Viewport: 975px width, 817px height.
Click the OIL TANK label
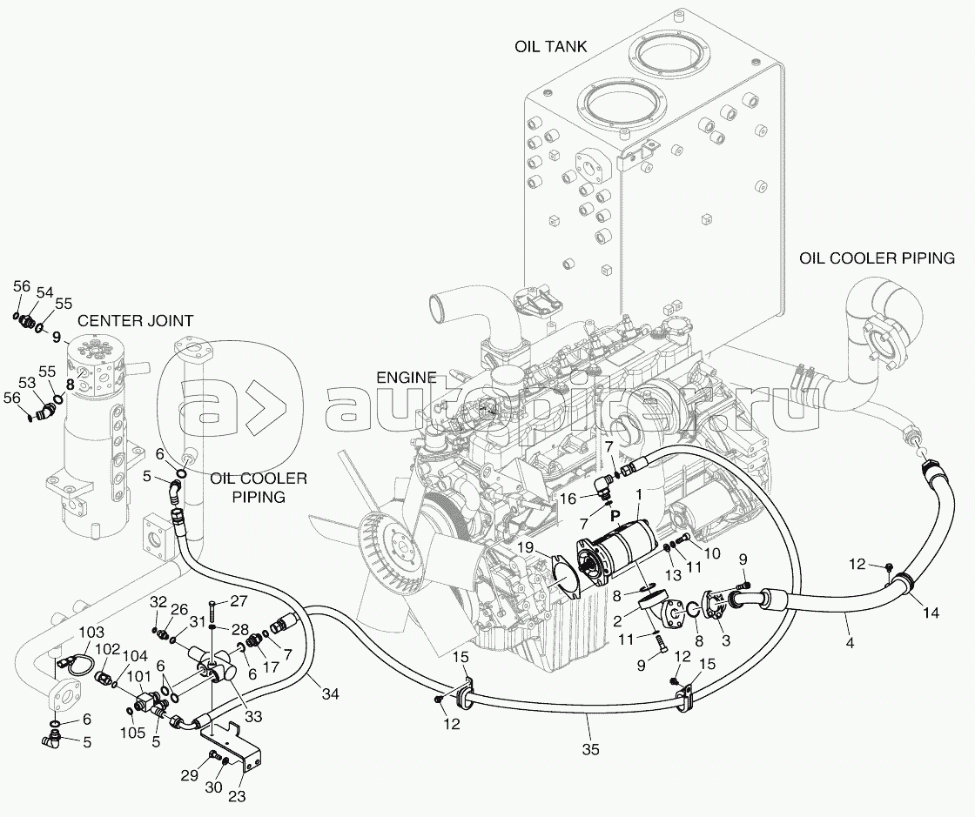[550, 46]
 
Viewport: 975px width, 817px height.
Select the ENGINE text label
[406, 377]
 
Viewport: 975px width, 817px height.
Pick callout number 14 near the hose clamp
[931, 613]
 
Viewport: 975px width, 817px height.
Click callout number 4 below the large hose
[848, 643]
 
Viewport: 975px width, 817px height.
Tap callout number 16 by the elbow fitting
[568, 499]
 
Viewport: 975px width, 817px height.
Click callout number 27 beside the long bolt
[239, 601]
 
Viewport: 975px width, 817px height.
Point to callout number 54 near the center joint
[44, 291]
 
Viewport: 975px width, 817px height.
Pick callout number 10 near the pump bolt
[712, 553]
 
